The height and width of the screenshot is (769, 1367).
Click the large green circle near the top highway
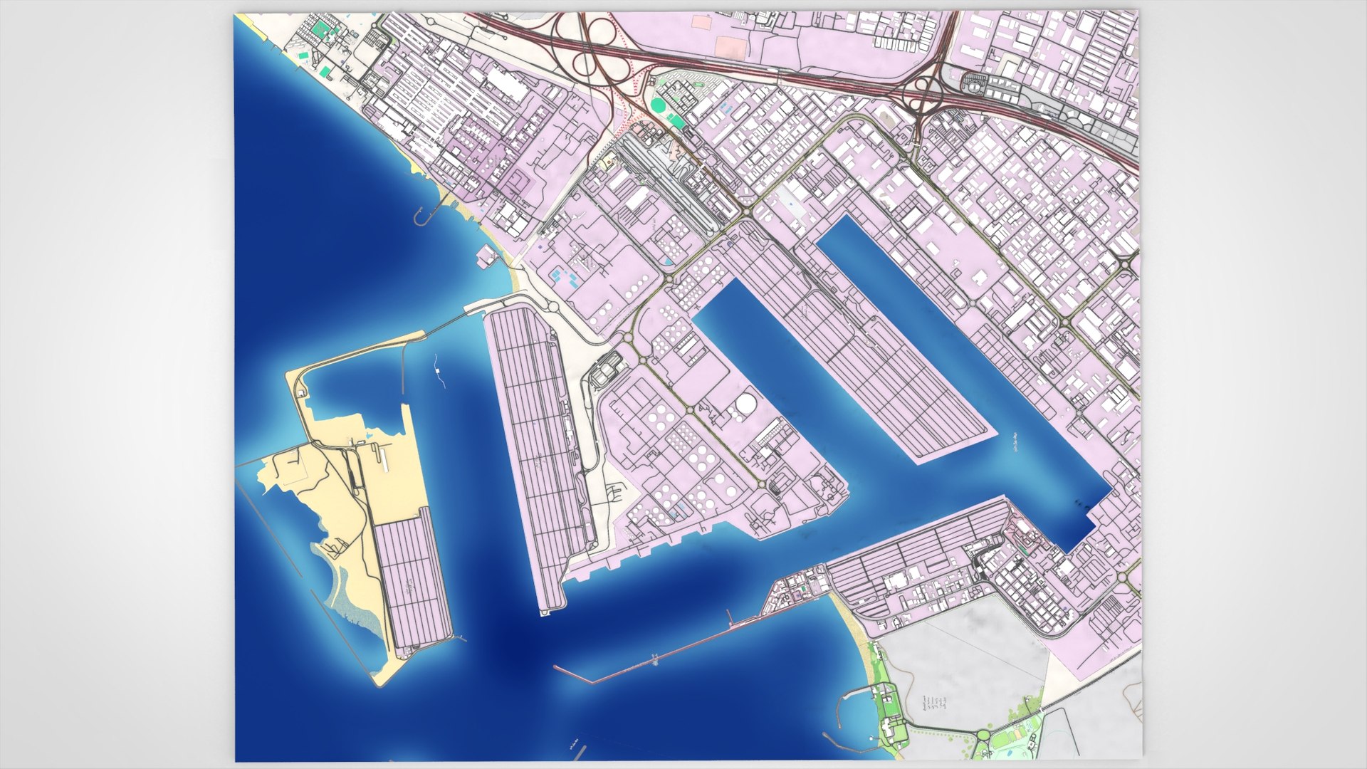(659, 105)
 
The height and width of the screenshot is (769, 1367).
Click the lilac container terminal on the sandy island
(413, 584)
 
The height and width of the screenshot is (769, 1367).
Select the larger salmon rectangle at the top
(730, 47)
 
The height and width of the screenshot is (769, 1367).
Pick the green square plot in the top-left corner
(322, 29)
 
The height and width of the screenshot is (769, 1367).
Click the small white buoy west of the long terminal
(436, 371)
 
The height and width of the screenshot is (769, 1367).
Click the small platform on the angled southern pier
(654, 661)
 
